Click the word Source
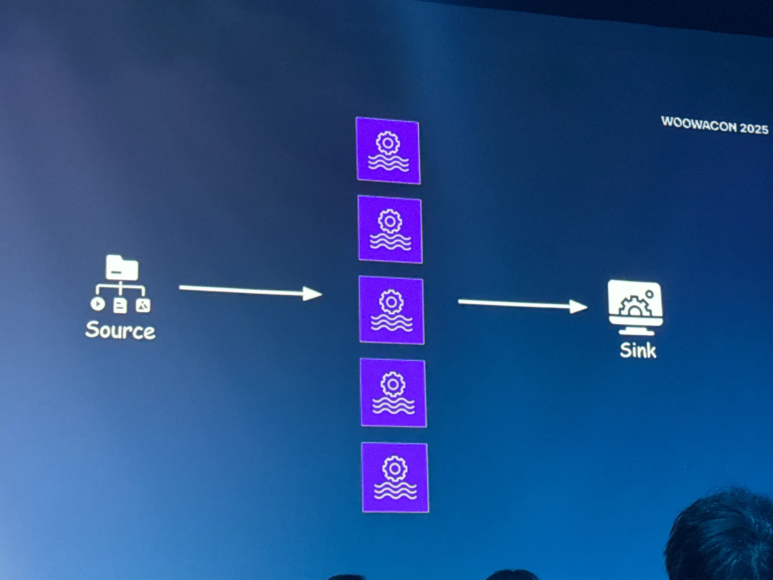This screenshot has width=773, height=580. [120, 330]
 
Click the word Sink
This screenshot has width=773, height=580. [638, 350]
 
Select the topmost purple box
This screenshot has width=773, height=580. [388, 151]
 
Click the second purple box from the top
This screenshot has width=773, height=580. [390, 230]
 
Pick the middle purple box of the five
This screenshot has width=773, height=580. [391, 310]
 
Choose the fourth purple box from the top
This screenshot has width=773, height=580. [393, 393]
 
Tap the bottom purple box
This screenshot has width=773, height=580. [395, 478]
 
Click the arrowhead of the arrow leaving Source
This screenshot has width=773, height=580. [313, 294]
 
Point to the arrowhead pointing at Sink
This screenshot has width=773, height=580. [579, 306]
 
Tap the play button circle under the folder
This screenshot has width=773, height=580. [98, 304]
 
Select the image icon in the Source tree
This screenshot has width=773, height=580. [143, 305]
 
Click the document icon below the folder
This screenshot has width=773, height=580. [120, 305]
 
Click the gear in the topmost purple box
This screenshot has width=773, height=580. [388, 143]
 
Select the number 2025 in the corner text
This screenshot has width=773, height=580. [754, 128]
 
